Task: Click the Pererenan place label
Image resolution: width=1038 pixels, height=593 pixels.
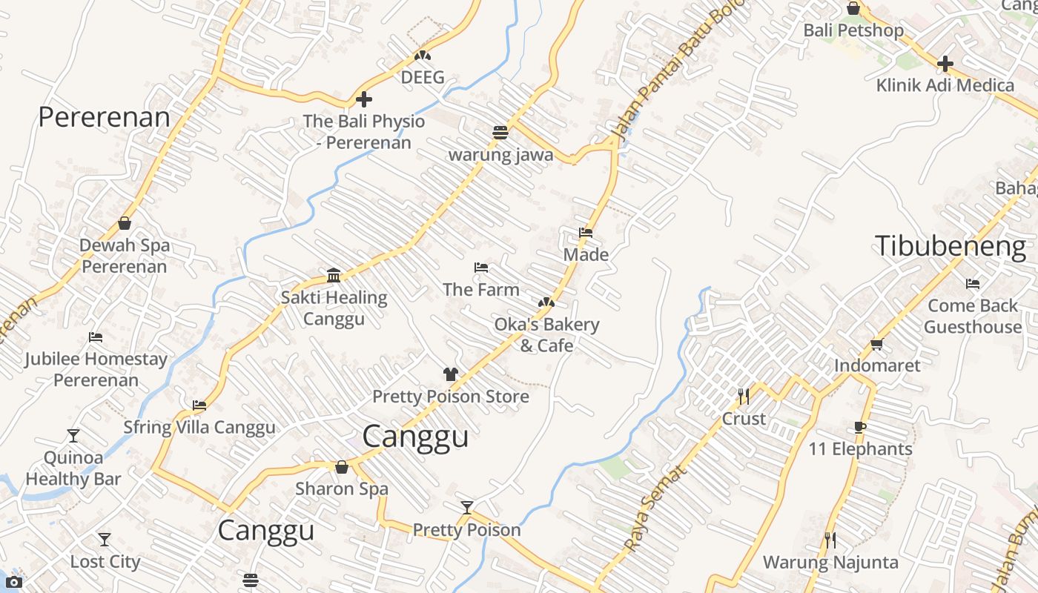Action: (x=104, y=117)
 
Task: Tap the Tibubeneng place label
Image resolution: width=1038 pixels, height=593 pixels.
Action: (x=951, y=246)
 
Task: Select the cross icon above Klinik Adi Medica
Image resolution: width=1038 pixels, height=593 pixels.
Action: (x=945, y=64)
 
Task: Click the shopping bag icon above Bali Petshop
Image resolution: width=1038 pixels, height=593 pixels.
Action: (x=853, y=9)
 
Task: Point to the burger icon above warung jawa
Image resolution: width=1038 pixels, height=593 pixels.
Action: (x=500, y=133)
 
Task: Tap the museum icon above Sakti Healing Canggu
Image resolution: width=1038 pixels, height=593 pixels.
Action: (x=334, y=276)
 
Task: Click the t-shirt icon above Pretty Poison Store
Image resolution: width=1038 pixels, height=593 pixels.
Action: (x=450, y=374)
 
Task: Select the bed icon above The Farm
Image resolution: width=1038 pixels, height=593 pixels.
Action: (x=481, y=268)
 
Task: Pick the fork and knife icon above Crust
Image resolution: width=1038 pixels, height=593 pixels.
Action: (x=744, y=397)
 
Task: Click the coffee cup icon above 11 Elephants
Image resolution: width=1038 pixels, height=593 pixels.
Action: (x=860, y=427)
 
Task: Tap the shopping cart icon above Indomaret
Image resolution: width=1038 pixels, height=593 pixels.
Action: (x=877, y=344)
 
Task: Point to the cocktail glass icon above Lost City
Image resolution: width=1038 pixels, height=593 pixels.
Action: (x=105, y=540)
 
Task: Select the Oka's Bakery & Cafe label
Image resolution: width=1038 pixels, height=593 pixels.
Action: (x=546, y=335)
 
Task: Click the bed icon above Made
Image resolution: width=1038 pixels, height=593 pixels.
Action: (x=586, y=233)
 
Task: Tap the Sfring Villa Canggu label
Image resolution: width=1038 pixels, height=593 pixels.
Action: (x=199, y=428)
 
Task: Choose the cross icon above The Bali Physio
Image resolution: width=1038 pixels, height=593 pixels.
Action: (x=363, y=99)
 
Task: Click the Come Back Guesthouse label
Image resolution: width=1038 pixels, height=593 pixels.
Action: (x=973, y=317)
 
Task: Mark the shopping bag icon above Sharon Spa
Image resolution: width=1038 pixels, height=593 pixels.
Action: (x=342, y=467)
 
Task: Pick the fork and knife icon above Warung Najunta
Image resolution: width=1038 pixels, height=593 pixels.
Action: (x=830, y=540)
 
